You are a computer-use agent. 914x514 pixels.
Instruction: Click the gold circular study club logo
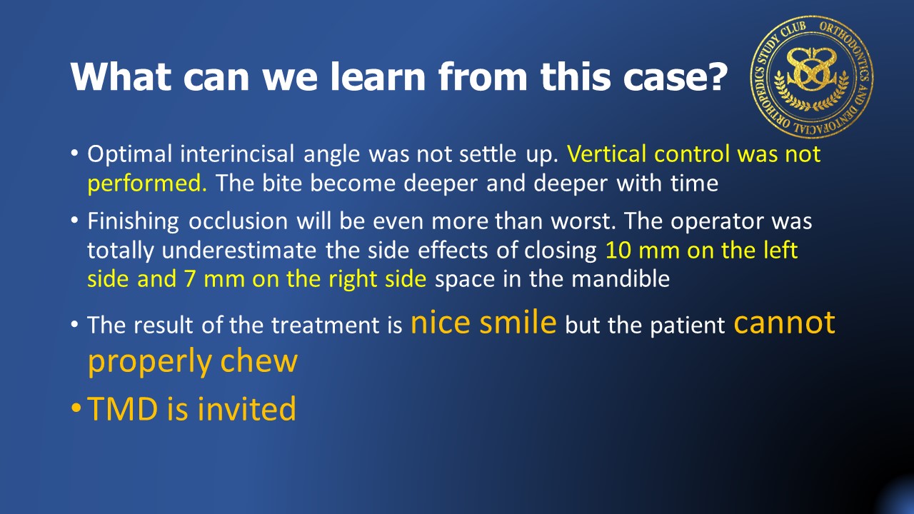tap(812, 77)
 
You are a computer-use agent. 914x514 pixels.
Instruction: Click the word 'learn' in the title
tap(378, 76)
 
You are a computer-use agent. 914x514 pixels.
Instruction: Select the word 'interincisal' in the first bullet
tap(237, 153)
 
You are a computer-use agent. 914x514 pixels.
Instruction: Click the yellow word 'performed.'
tap(147, 183)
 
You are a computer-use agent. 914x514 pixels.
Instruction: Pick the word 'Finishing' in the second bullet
tap(133, 222)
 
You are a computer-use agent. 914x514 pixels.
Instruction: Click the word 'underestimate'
tap(239, 251)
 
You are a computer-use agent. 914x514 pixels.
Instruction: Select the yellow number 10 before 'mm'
tap(618, 251)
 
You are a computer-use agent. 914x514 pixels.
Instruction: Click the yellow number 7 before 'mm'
tap(189, 279)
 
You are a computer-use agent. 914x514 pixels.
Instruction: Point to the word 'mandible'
tap(621, 279)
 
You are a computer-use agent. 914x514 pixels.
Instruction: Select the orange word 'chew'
tap(259, 361)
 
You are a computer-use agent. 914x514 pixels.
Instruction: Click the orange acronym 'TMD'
tap(122, 408)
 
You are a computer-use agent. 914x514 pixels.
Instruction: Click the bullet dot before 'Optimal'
tap(74, 153)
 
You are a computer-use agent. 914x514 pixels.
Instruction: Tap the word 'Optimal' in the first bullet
tap(130, 155)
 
